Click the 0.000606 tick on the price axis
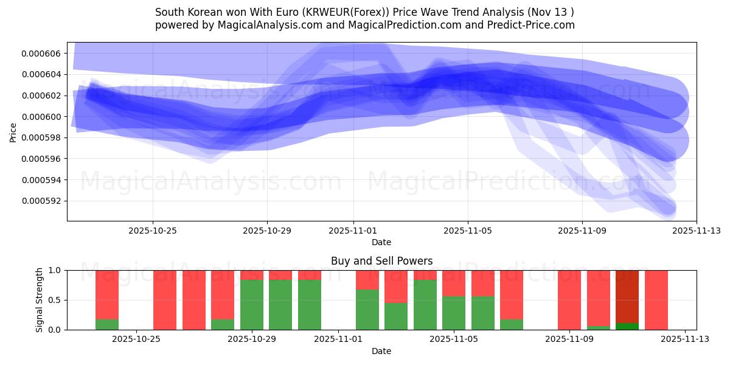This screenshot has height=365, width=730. tap(41, 54)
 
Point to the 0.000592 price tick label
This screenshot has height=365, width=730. tap(41, 201)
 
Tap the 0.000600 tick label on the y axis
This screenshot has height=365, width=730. tap(41, 117)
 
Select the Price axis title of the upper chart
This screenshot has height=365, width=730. tap(13, 132)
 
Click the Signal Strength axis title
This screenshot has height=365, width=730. tap(40, 299)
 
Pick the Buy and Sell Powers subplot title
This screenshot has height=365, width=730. tap(381, 261)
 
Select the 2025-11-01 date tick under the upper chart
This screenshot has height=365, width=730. tap(353, 231)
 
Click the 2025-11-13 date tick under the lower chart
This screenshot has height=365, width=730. tap(685, 339)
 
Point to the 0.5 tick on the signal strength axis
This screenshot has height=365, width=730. tap(54, 300)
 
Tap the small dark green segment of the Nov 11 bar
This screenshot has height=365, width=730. tap(627, 326)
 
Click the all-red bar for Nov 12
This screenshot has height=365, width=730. tap(656, 300)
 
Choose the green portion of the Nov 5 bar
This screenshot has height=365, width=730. tap(453, 313)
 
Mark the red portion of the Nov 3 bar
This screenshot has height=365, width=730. tap(396, 287)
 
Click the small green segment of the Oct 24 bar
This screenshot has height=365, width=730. tap(107, 324)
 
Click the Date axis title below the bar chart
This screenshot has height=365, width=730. tap(381, 351)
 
